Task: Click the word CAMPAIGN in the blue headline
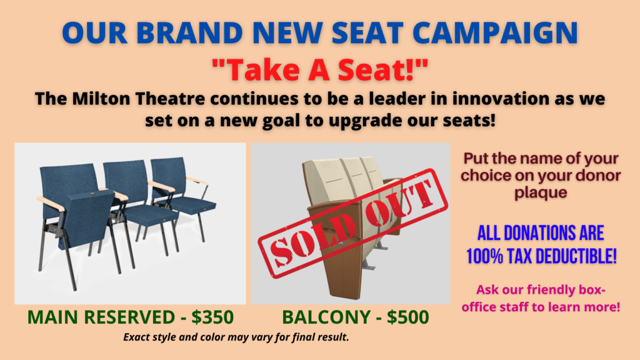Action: pos(495,32)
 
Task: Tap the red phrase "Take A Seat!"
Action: pos(320,70)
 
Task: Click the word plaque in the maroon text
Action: pos(541,192)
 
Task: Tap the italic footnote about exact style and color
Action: pos(236,337)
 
